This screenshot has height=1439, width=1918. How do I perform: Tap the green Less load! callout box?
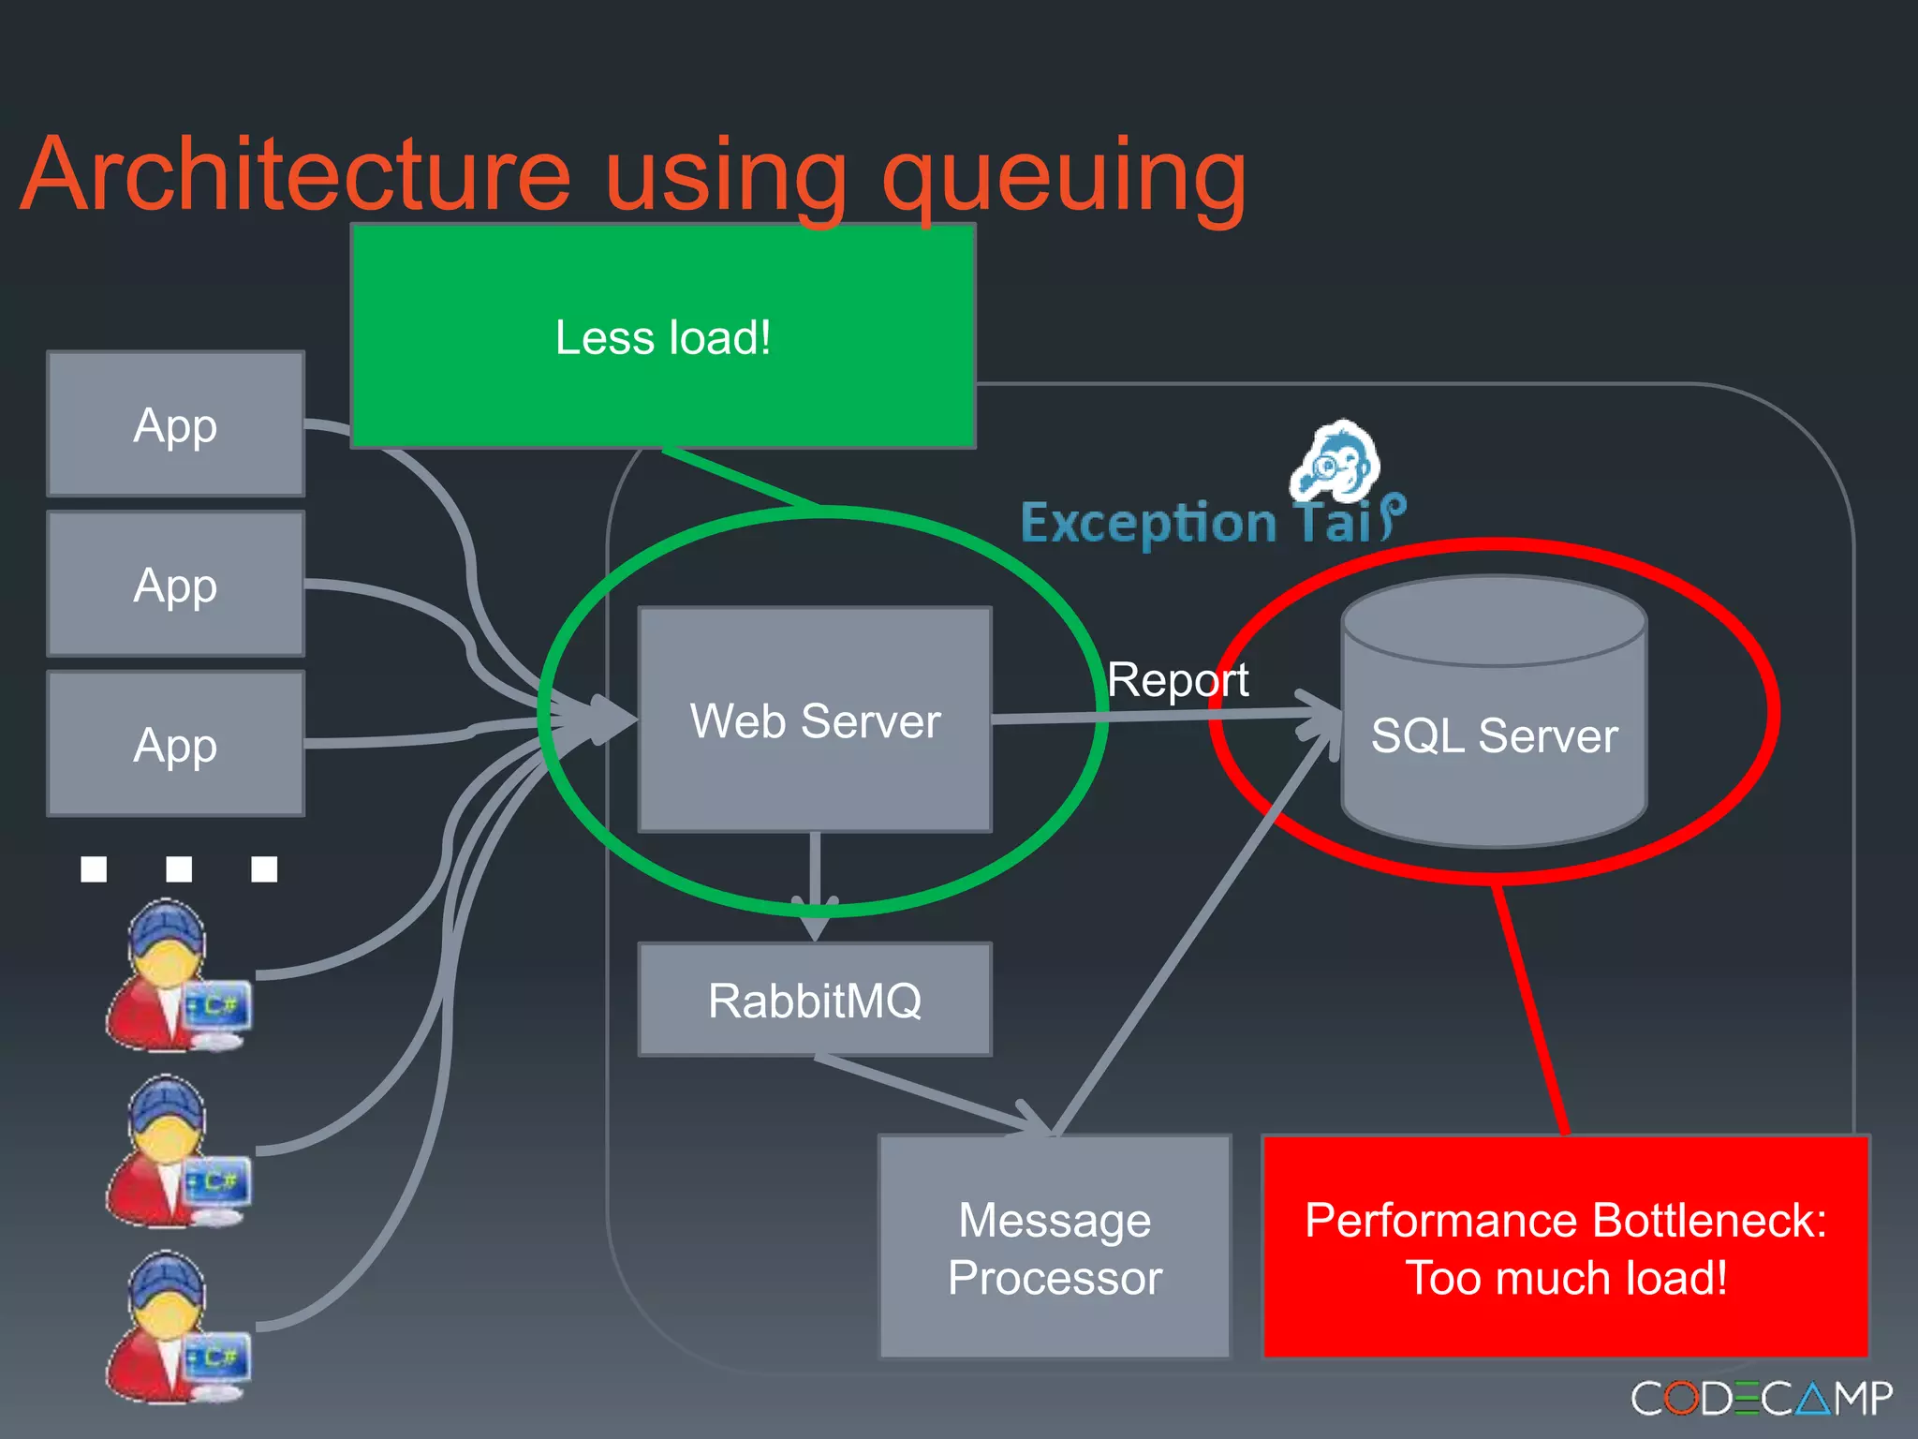click(663, 337)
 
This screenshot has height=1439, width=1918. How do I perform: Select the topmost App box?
click(176, 424)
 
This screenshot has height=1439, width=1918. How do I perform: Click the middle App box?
click(176, 585)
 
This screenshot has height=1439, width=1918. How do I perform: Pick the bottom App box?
click(176, 745)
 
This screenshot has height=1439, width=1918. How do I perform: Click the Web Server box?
click(815, 719)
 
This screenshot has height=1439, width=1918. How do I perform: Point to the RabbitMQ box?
click(815, 1000)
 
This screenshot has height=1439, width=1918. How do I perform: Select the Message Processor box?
click(1055, 1247)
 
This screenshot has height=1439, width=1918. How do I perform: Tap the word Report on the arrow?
click(1177, 679)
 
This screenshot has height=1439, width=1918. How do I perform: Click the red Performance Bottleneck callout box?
click(1566, 1247)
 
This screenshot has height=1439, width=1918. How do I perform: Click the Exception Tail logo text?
click(1199, 523)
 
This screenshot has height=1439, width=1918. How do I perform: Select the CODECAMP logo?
click(1761, 1398)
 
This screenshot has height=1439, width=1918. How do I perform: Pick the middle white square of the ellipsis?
click(179, 868)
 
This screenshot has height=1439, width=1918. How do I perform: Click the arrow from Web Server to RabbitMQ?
click(815, 885)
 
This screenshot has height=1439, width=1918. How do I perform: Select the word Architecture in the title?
click(296, 176)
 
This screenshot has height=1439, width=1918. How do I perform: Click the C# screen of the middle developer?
click(218, 1180)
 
